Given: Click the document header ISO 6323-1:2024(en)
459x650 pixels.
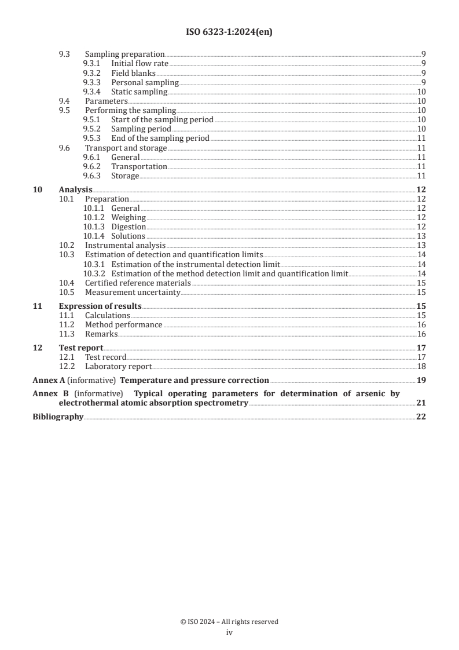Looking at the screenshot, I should coord(229,32).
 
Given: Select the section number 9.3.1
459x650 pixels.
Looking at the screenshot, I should coord(93,63).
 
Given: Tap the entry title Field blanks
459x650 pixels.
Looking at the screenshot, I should coord(133,73).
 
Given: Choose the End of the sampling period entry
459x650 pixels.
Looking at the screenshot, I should coord(160,138).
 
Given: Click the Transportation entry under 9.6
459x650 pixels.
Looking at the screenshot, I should coord(139,166).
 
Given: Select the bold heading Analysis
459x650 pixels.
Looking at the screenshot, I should coord(75,189).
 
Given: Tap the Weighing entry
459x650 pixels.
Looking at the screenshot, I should coord(128,217).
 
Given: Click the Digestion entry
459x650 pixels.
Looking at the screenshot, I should coord(128,227).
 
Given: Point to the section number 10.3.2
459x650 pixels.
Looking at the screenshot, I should coord(95,273).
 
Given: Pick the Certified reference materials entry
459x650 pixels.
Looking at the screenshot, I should coord(138,283).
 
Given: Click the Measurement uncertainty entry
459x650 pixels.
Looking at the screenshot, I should coord(133,292).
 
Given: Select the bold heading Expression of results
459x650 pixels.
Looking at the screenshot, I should coord(100,306).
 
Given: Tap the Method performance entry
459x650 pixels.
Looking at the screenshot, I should coord(123,324).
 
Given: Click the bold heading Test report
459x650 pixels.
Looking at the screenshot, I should coord(81,348).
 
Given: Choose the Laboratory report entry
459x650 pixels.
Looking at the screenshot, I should coord(118,366).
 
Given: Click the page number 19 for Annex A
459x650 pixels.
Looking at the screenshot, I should coord(421,381).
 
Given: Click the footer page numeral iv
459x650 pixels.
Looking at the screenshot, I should coord(229,633).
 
